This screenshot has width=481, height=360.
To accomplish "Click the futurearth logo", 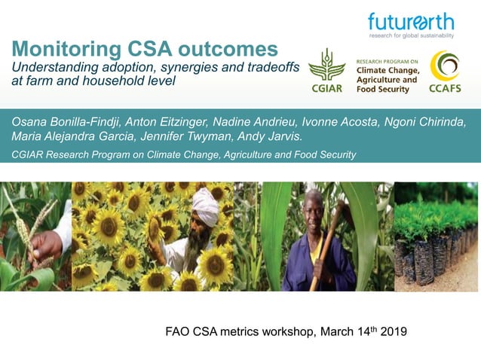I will pyautogui.click(x=410, y=22).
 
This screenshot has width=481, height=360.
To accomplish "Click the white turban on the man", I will pyautogui.click(x=205, y=201).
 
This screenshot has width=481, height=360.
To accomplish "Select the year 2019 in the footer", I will pyautogui.click(x=391, y=330).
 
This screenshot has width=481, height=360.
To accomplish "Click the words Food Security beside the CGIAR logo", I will pyautogui.click(x=381, y=89).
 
